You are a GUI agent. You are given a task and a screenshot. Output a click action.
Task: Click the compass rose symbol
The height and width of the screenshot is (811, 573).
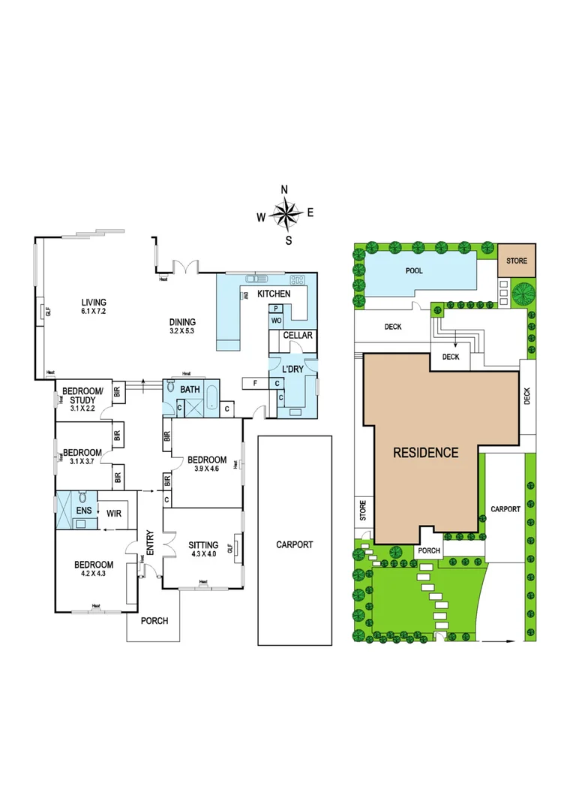click(285, 214)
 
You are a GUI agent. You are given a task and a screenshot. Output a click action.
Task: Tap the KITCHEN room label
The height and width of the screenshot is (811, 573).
click(274, 294)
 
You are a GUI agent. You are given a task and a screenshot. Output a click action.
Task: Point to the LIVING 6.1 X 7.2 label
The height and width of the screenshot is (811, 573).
click(94, 308)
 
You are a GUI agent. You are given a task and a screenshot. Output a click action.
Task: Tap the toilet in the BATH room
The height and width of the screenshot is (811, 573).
click(171, 390)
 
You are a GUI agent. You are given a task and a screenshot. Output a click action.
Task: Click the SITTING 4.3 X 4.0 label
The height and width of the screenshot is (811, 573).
click(203, 549)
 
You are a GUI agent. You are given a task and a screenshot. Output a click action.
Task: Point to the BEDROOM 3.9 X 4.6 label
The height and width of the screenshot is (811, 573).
click(207, 464)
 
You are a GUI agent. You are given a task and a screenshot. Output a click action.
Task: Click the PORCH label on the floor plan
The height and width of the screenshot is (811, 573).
click(154, 621)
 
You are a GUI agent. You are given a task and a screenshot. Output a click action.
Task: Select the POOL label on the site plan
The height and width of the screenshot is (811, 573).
click(414, 270)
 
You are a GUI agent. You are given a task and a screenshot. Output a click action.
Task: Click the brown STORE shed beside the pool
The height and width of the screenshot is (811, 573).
click(517, 261)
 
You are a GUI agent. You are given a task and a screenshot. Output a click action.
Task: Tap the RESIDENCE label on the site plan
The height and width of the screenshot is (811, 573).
click(426, 452)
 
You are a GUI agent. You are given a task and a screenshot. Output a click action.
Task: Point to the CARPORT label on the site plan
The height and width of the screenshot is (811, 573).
click(505, 509)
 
